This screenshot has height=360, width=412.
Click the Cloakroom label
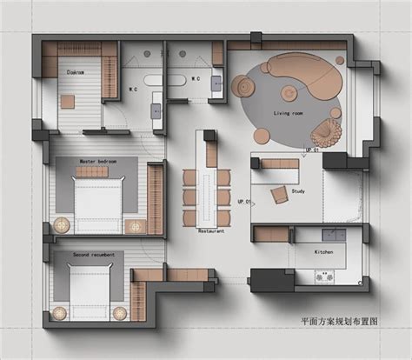[x=76, y=73]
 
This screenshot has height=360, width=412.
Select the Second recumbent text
[x=96, y=254]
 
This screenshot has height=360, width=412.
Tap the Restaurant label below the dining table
[x=211, y=231]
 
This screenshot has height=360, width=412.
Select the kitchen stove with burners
[x=324, y=278]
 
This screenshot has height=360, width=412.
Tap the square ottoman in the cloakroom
[x=68, y=100]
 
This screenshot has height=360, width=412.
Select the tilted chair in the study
[x=279, y=194]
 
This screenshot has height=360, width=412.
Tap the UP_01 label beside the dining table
[x=246, y=202]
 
